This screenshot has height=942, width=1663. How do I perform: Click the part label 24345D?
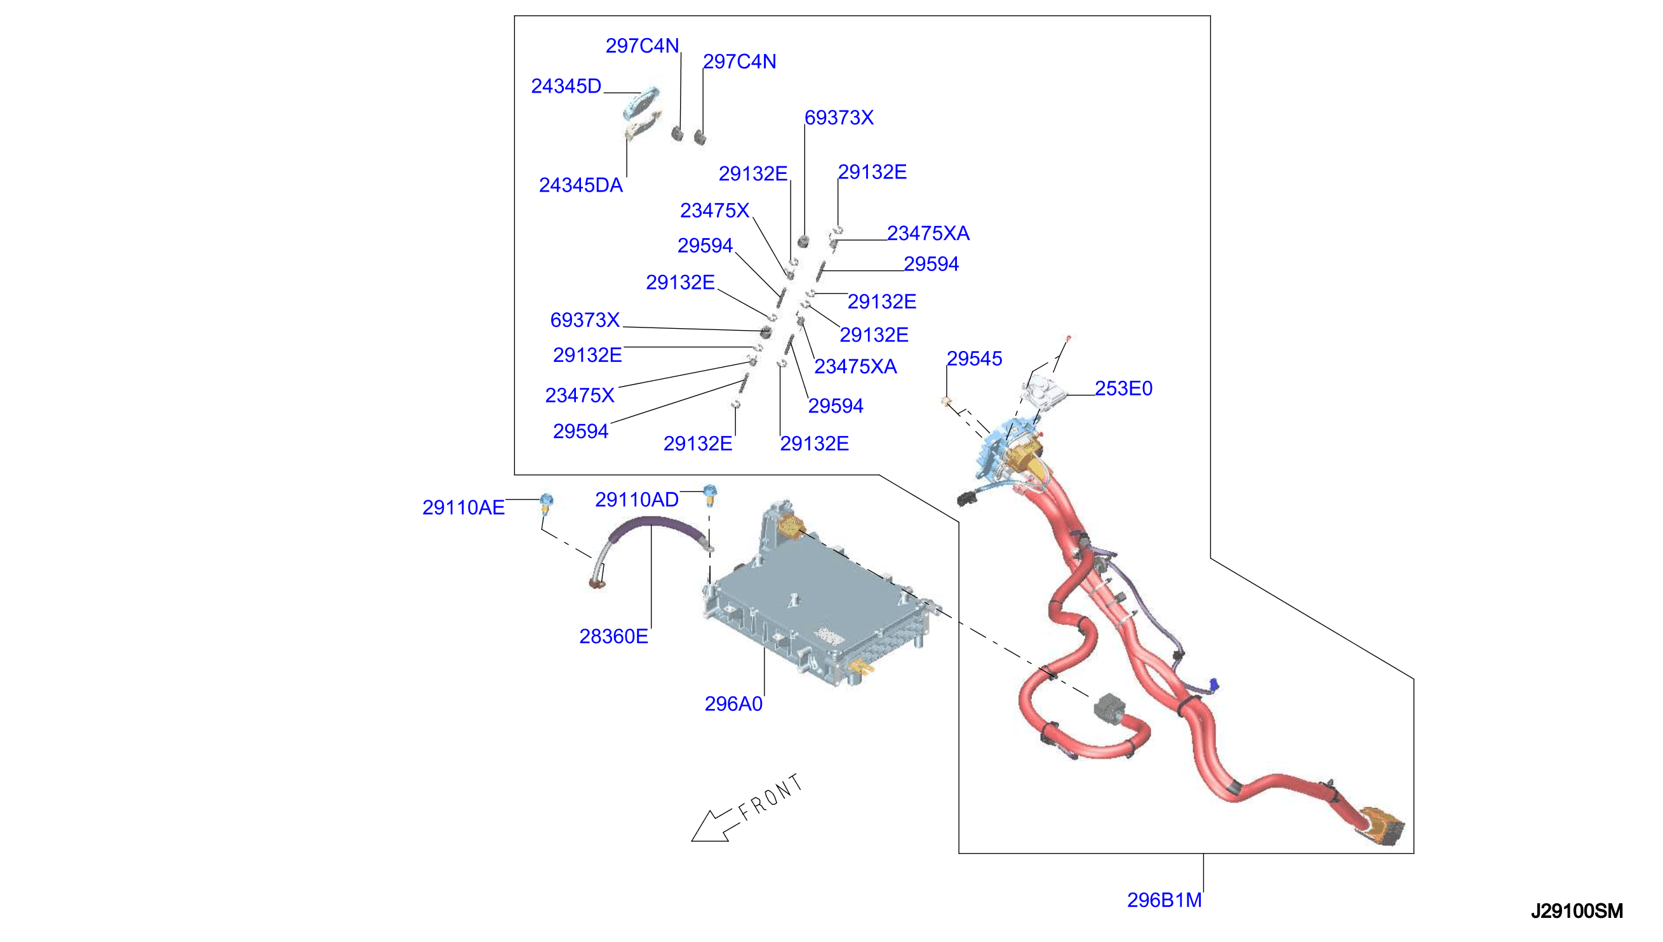tap(566, 86)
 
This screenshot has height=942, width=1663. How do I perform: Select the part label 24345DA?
tap(580, 185)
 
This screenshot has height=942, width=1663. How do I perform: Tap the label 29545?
tap(974, 359)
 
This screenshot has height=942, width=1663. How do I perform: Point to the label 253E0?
tap(1123, 388)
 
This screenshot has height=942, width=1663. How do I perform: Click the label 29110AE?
tap(464, 507)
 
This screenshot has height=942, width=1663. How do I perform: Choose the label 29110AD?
tap(637, 500)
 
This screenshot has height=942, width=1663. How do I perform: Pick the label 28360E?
tap(613, 637)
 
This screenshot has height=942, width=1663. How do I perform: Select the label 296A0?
tap(733, 704)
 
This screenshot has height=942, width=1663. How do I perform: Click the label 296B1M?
tap(1164, 900)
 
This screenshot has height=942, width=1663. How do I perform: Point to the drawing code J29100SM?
tap(1577, 911)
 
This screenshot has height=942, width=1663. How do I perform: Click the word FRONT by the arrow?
tap(771, 797)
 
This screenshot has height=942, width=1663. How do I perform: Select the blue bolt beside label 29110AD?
tap(710, 494)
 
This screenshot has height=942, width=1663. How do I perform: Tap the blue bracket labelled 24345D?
tap(641, 102)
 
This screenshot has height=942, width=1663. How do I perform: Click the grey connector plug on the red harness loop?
tap(1110, 708)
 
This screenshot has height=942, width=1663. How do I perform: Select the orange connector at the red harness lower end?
tap(1382, 826)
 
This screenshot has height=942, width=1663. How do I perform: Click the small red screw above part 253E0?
tap(1068, 338)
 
